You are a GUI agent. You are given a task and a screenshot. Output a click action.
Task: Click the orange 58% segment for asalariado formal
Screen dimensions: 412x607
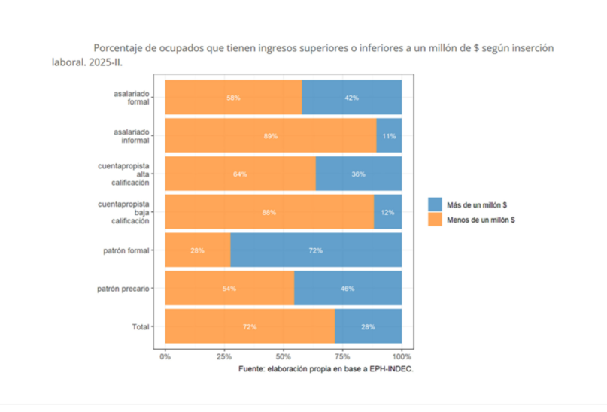[233, 98]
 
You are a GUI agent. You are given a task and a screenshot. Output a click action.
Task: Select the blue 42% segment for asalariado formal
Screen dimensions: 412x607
[351, 98]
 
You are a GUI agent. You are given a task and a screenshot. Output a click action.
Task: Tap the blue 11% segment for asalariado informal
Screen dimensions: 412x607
[389, 136]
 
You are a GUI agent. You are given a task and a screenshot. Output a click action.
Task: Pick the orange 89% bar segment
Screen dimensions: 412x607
[271, 136]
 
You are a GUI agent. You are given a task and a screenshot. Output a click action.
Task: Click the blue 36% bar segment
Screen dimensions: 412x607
[358, 174]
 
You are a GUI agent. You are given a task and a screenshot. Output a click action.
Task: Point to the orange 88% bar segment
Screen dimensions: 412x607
[269, 213]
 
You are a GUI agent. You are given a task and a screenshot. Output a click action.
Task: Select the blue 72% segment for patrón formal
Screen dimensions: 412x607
[316, 250]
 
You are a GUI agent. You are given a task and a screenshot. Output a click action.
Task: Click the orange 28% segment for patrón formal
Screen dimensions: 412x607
[198, 250]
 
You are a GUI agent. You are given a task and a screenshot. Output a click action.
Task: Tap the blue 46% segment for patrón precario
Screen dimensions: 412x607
[348, 289]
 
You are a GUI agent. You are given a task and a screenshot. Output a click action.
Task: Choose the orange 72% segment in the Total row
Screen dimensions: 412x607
[250, 327]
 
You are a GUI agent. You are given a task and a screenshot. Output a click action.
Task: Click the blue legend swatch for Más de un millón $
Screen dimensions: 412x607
[436, 204]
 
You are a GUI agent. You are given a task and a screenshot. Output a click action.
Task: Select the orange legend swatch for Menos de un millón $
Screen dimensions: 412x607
[436, 220]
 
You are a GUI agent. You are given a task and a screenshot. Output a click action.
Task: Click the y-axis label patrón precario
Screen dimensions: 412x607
[123, 289]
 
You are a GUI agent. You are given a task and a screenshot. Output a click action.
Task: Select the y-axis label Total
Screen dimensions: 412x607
[140, 327]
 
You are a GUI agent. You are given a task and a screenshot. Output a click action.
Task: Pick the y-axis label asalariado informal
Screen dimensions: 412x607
[132, 136]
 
